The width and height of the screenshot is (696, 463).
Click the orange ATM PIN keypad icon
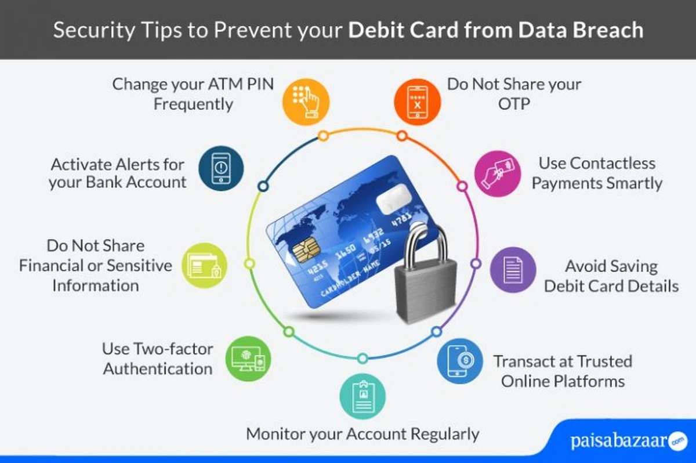point(306,102)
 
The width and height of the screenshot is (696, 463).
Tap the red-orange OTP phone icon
point(417,102)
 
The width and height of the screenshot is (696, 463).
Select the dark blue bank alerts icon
point(221,168)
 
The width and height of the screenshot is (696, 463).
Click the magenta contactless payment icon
point(498,173)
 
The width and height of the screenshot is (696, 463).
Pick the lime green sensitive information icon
point(204,265)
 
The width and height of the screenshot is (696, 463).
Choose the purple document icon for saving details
point(513,270)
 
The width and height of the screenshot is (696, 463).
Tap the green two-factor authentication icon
point(248,359)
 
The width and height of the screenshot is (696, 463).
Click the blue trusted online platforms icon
point(460,361)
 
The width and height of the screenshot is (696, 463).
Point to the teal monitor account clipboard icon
point(362,396)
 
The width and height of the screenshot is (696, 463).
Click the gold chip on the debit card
point(306,248)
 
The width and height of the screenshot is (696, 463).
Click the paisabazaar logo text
point(619,441)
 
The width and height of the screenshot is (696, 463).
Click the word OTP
point(514,104)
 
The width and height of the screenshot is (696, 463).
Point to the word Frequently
point(193,104)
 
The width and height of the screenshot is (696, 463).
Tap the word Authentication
point(158,369)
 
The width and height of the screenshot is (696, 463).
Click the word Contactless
point(597,164)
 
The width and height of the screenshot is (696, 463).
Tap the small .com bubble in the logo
point(677,441)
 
